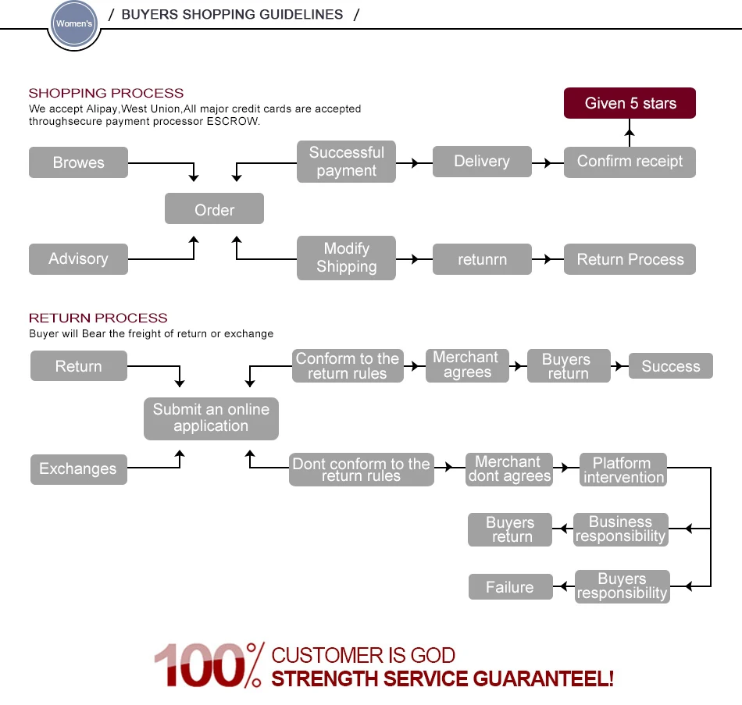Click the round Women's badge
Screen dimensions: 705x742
pos(74,24)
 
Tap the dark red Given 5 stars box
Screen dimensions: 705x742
pos(630,103)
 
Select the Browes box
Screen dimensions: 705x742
pos(78,162)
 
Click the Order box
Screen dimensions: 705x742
pos(214,209)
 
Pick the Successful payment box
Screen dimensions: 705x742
pos(346,162)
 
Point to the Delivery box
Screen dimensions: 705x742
pos(481,162)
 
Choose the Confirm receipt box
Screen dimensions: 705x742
pos(630,162)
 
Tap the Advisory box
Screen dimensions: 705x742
pos(78,258)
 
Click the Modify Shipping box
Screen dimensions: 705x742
pos(346,258)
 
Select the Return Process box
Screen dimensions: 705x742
pos(630,259)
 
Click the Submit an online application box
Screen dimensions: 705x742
pos(211,418)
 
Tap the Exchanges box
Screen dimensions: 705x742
pos(78,468)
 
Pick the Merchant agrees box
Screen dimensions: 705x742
pos(467,365)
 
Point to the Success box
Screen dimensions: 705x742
pos(670,366)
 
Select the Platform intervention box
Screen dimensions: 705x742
pos(623,470)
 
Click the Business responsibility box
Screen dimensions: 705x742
pos(621,529)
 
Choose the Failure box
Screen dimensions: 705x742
pos(510,587)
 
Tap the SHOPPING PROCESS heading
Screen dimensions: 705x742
pos(106,93)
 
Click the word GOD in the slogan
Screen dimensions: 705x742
pos(431,656)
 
